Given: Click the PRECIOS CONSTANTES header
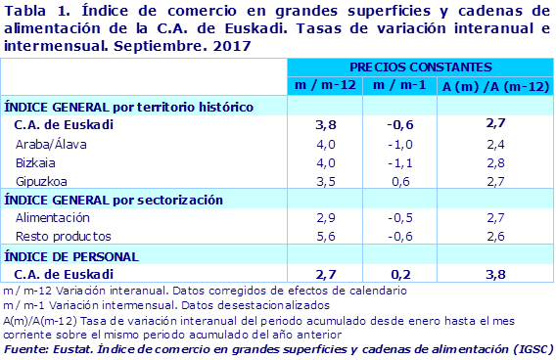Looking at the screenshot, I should [420, 67].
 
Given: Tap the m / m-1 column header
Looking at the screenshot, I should [396, 85].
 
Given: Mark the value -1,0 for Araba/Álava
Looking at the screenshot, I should [396, 144].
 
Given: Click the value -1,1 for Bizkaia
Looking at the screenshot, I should [396, 162].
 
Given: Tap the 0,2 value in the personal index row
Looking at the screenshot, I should [396, 274].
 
